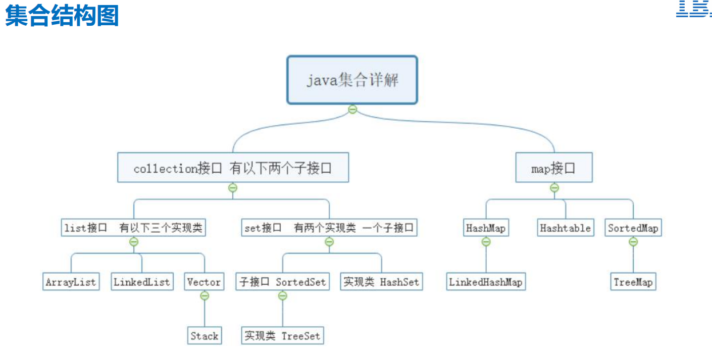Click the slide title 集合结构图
point(62,16)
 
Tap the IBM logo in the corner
point(693,9)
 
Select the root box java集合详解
point(352,80)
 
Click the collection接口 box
point(233,168)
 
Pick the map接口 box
point(553,168)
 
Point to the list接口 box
point(133,228)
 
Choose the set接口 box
point(329,228)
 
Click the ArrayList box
point(71,282)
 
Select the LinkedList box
point(141,282)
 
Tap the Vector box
point(204,282)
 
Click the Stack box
point(205,336)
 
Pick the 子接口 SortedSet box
point(282,282)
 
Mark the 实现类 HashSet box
point(381,282)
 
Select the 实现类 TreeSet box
point(282,336)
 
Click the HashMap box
point(486,228)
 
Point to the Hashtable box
point(565,228)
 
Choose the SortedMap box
point(633,228)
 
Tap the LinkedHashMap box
point(486,282)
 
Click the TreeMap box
point(633,282)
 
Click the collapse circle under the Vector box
point(205,296)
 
